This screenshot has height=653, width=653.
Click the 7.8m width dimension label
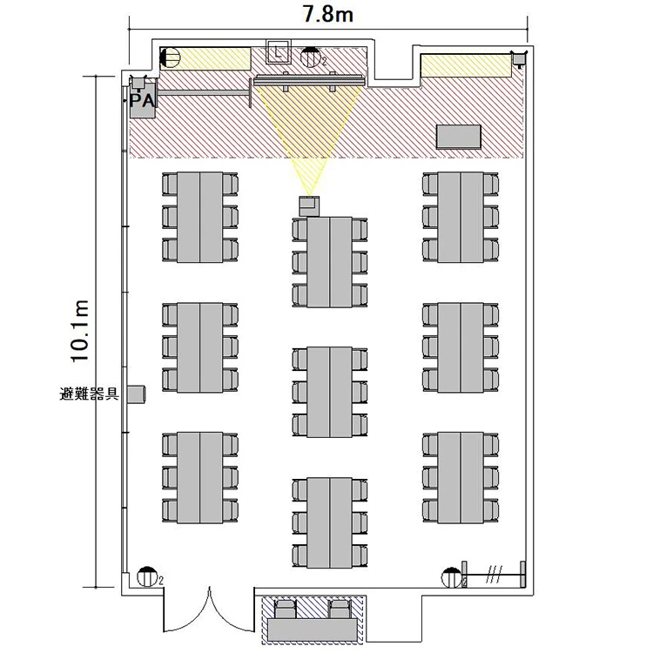[328, 14]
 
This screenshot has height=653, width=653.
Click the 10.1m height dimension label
[79, 331]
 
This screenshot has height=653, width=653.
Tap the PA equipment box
[143, 101]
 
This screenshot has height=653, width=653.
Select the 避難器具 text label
[89, 394]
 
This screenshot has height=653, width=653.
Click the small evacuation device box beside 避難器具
[136, 394]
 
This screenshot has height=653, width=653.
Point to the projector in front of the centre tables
[309, 205]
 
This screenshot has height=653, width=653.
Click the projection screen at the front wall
[309, 80]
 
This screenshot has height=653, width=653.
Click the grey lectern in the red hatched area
[459, 137]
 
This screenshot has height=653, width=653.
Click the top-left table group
[200, 217]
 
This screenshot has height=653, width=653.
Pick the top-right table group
[461, 217]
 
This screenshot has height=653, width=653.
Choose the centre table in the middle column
[330, 392]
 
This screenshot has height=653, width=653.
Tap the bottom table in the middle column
[330, 522]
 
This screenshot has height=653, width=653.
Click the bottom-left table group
[200, 478]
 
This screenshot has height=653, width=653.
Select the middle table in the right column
[461, 347]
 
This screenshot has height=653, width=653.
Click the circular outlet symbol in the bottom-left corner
[146, 576]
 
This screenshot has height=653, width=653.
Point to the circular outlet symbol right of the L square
[310, 57]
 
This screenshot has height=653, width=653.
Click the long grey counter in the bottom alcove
[313, 629]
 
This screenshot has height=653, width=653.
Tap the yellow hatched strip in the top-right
[466, 65]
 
